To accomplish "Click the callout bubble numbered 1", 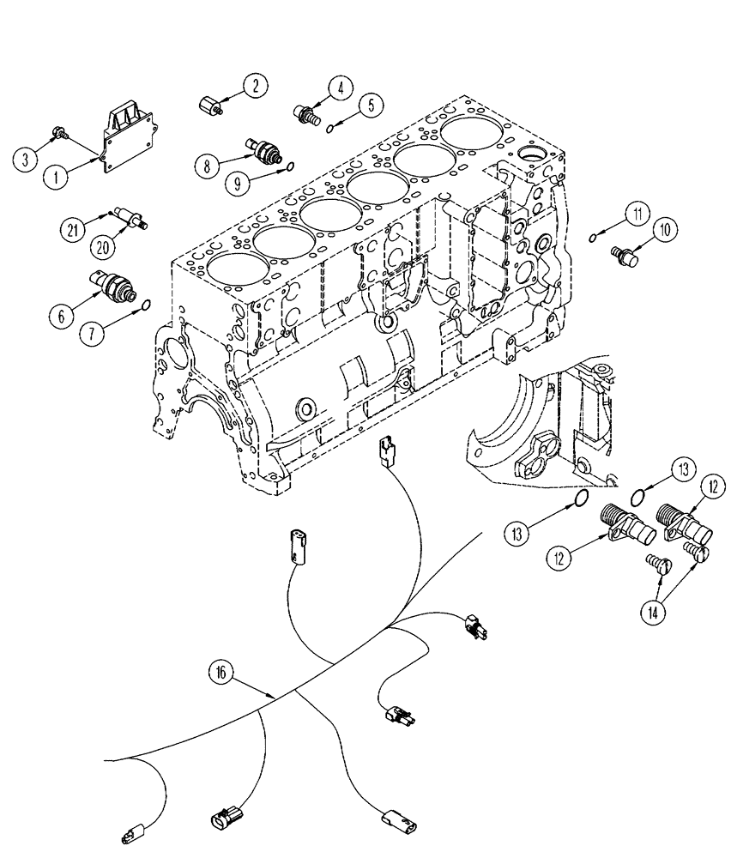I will pos(56,178).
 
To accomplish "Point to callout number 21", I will pos(75,228).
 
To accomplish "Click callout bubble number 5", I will pos(371,106).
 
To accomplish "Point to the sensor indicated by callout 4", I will pos(307,112).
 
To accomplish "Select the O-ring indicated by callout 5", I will pos(330,129).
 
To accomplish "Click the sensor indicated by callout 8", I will pos(263,148).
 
